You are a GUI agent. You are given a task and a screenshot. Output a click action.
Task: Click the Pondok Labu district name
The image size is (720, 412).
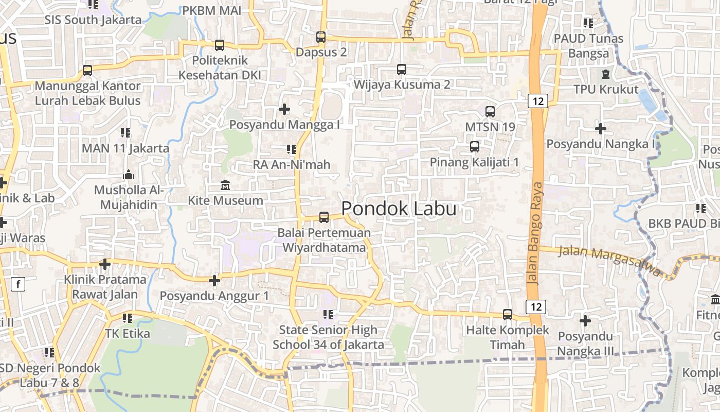399,209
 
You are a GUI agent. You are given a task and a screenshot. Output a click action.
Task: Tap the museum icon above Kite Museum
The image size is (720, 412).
225,185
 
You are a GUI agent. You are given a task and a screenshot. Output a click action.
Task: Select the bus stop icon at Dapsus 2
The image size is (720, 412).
321,37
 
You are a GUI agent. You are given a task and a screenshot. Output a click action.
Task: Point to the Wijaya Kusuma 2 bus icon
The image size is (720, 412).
402,69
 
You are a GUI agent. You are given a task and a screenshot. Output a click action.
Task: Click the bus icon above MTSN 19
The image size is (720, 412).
490,111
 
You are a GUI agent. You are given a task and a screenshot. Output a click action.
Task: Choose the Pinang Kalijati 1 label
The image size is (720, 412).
474,162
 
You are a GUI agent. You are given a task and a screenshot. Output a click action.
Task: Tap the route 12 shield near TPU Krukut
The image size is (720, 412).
537,101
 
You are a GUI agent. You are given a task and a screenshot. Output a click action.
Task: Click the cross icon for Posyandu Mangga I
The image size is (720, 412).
284,109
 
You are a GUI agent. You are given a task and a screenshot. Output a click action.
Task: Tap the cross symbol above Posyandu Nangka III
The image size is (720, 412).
585,321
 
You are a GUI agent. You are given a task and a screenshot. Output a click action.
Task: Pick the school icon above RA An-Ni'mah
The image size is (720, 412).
292,149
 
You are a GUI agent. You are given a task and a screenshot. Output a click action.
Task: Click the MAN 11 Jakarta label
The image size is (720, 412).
125,148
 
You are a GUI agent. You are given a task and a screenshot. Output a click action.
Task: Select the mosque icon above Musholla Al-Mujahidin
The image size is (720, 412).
129,175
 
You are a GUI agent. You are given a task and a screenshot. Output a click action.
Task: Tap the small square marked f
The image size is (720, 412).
18,284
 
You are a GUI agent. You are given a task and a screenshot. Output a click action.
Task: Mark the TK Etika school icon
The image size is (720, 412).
128,318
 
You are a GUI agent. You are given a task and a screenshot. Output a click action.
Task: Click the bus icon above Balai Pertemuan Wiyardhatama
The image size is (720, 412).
324,217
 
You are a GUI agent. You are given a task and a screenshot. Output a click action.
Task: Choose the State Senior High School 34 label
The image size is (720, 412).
328,337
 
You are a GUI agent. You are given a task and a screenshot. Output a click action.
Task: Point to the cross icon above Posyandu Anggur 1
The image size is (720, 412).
214,281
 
